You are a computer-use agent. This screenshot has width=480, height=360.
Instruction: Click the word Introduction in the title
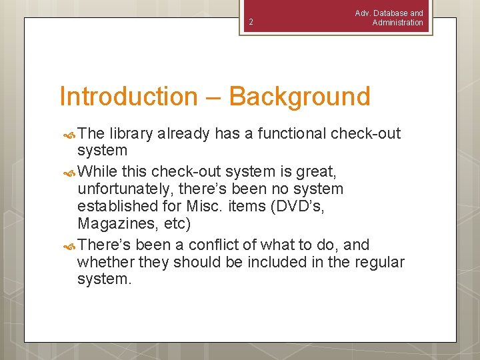pos(129,97)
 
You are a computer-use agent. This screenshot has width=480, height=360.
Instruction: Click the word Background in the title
pos(299,97)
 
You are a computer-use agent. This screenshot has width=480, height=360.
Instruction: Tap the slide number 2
pos(251,23)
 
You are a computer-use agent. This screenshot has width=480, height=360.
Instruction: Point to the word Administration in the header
pos(397,23)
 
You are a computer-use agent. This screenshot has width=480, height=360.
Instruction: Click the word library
pos(132,134)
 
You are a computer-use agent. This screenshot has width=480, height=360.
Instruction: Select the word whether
pos(105,263)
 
